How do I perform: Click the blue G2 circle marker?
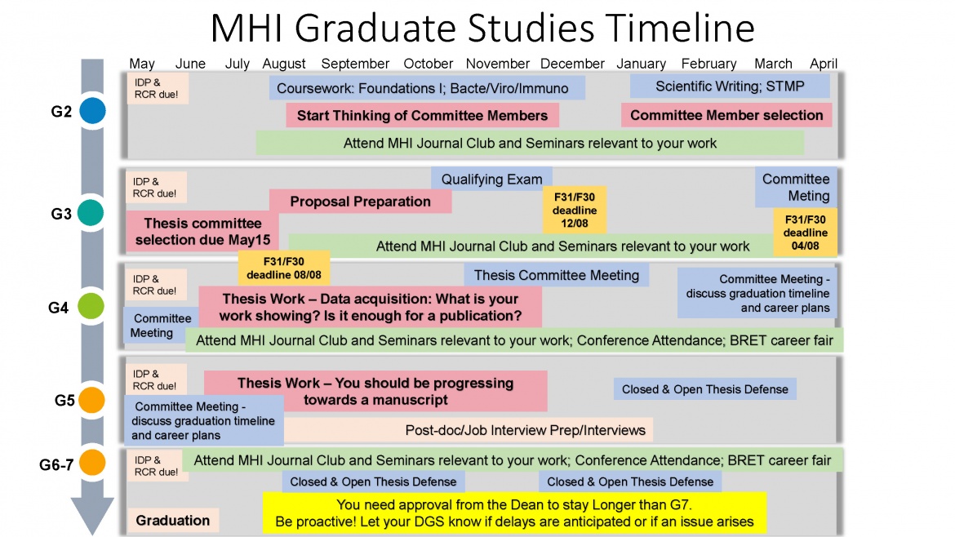click(x=93, y=111)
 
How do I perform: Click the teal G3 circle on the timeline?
click(x=93, y=213)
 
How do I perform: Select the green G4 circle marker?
click(x=93, y=307)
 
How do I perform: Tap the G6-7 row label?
click(x=56, y=464)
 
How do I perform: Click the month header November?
click(x=498, y=64)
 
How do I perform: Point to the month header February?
click(x=708, y=64)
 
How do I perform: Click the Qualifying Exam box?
click(x=491, y=180)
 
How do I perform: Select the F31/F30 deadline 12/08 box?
click(x=575, y=211)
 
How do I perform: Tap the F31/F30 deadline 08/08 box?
click(x=284, y=267)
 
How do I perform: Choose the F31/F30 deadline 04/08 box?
click(x=805, y=232)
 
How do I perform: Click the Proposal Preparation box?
click(x=360, y=202)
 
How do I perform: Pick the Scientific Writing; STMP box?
click(x=730, y=86)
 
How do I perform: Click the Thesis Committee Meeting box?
click(x=557, y=275)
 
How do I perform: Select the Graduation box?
click(x=172, y=521)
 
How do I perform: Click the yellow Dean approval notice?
click(x=514, y=513)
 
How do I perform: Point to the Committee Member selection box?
click(x=726, y=115)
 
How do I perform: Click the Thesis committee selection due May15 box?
click(x=202, y=232)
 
